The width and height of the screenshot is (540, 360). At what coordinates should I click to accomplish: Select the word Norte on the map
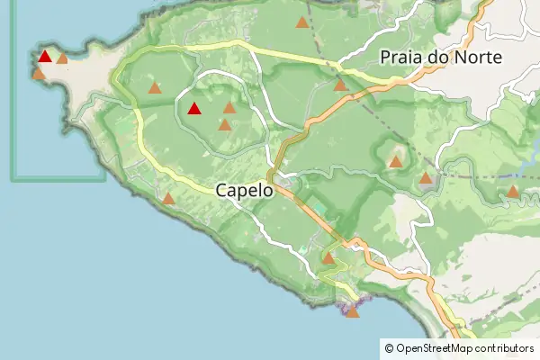(x=477, y=58)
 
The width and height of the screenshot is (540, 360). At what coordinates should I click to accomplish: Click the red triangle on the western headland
(x=44, y=57)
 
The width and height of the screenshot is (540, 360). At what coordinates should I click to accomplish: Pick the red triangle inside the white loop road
(x=193, y=109)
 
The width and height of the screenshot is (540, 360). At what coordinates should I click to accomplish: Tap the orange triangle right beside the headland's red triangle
(x=62, y=58)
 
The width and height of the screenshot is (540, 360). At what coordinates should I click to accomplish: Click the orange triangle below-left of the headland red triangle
(x=38, y=73)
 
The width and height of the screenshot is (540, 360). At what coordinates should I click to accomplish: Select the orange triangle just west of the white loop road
(x=155, y=88)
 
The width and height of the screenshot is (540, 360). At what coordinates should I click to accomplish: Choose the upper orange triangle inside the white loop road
(x=229, y=107)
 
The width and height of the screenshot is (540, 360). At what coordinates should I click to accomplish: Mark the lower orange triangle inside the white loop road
(x=224, y=125)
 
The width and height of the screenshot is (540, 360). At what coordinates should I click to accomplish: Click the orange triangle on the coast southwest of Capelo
(x=168, y=198)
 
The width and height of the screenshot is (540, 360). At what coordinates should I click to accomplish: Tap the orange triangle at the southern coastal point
(x=352, y=311)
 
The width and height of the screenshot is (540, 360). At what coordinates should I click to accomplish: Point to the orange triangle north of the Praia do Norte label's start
(x=301, y=22)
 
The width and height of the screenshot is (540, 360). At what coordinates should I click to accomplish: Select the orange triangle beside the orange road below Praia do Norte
(x=340, y=85)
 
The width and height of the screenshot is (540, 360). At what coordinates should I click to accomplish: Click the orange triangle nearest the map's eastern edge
(x=512, y=191)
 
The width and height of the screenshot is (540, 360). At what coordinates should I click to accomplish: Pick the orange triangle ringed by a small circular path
(x=395, y=162)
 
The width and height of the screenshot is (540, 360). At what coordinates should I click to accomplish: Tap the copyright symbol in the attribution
(x=389, y=348)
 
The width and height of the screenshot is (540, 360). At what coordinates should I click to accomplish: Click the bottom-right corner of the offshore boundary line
(x=104, y=178)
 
